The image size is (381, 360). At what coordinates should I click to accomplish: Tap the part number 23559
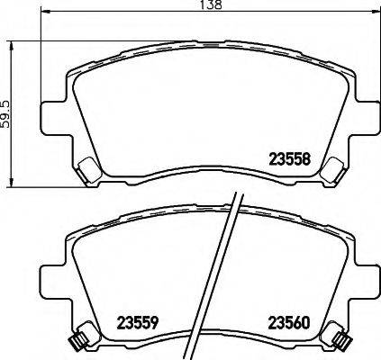pos(139,320)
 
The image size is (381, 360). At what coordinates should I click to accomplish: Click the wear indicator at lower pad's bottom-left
pos(77,339)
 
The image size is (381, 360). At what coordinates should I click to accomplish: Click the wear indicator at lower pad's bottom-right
pos(341,339)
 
